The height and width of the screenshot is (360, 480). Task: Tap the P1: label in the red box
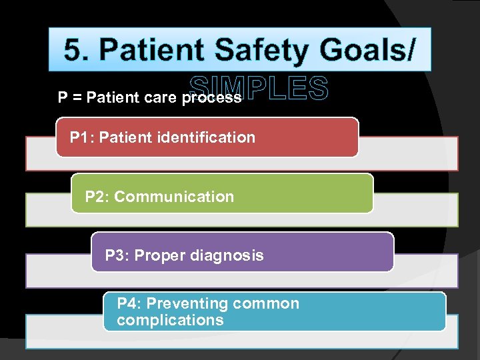click(81, 138)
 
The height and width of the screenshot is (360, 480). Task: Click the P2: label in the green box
click(97, 197)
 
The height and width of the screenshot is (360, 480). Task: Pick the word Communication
click(174, 197)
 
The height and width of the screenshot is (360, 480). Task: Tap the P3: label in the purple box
click(117, 255)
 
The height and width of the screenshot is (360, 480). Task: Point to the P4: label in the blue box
click(129, 304)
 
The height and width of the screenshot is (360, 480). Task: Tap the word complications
click(170, 320)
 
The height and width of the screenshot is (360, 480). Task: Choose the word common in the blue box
click(266, 304)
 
